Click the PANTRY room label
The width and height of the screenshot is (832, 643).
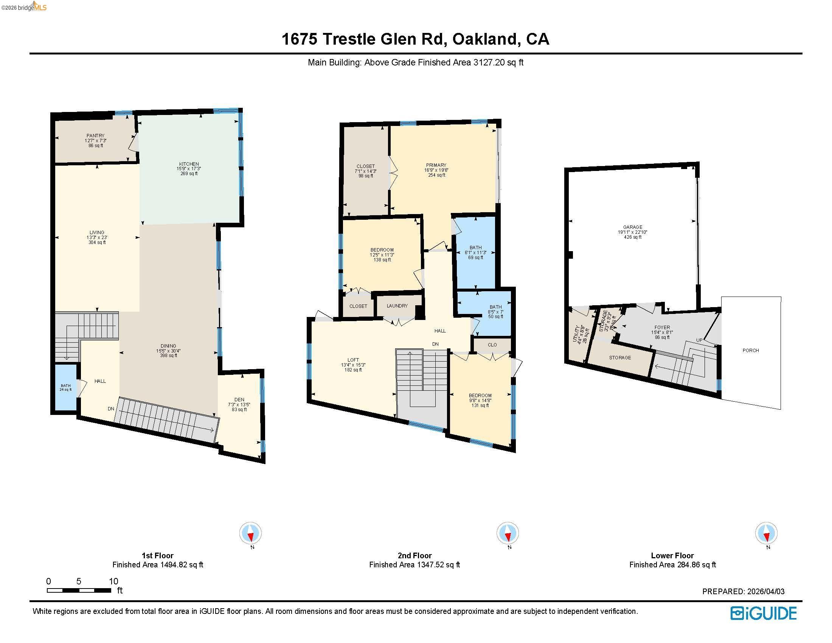coord(95,136)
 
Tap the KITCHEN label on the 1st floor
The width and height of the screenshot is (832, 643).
coord(189,164)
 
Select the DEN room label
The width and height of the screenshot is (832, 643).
coord(239,400)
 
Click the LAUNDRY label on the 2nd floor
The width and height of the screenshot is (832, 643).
coord(397,306)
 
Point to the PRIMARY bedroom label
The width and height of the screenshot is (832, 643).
coord(436,165)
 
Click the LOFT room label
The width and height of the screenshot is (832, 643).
coord(353,360)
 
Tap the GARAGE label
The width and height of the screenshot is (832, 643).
coord(633,227)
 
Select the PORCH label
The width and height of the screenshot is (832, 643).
coord(750,351)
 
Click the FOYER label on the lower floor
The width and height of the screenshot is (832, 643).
coord(662,328)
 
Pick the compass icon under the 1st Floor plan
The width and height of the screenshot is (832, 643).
coord(250,533)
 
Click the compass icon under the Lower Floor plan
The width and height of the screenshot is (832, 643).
coord(766,533)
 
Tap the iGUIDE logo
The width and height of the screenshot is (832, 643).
coord(764,613)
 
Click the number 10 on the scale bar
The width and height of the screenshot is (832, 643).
coord(113,581)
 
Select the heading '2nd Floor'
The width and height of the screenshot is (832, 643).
coord(414,555)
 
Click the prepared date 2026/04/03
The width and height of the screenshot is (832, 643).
coord(766,592)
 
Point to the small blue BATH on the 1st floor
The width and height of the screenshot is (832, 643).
coord(65,387)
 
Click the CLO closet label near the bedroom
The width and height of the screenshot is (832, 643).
coord(492,345)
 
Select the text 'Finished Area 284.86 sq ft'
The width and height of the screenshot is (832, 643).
coord(672,565)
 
